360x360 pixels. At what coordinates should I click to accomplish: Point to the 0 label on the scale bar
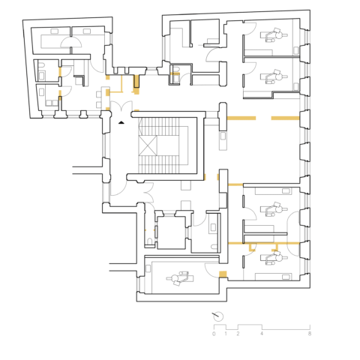214,334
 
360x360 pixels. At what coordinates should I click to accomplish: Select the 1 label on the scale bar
226,334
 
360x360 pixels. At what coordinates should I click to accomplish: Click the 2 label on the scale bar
238,334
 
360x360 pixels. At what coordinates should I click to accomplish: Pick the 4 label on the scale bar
262,334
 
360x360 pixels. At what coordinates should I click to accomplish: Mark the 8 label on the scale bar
309,334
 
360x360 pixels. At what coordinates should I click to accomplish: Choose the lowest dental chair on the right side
271,256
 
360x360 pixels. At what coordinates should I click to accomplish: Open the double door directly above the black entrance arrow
121,106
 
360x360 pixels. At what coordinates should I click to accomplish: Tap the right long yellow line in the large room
285,118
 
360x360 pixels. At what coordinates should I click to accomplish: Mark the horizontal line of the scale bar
262,328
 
